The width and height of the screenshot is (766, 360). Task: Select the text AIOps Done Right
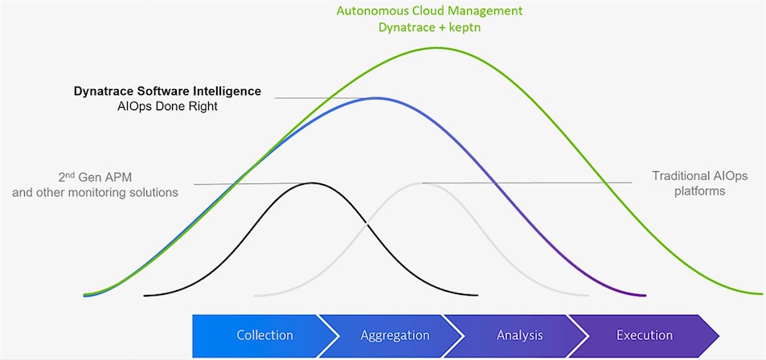click(167, 107)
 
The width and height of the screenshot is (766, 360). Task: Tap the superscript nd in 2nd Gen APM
click(69, 174)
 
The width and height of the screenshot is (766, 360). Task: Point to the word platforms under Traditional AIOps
click(700, 191)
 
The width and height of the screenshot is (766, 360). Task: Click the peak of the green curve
click(435, 47)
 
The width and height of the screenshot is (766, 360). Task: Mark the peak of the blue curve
click(375, 98)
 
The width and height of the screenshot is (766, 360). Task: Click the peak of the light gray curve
click(420, 182)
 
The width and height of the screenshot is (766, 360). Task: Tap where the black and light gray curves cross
click(367, 223)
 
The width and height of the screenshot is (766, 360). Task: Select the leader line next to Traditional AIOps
click(527, 182)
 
